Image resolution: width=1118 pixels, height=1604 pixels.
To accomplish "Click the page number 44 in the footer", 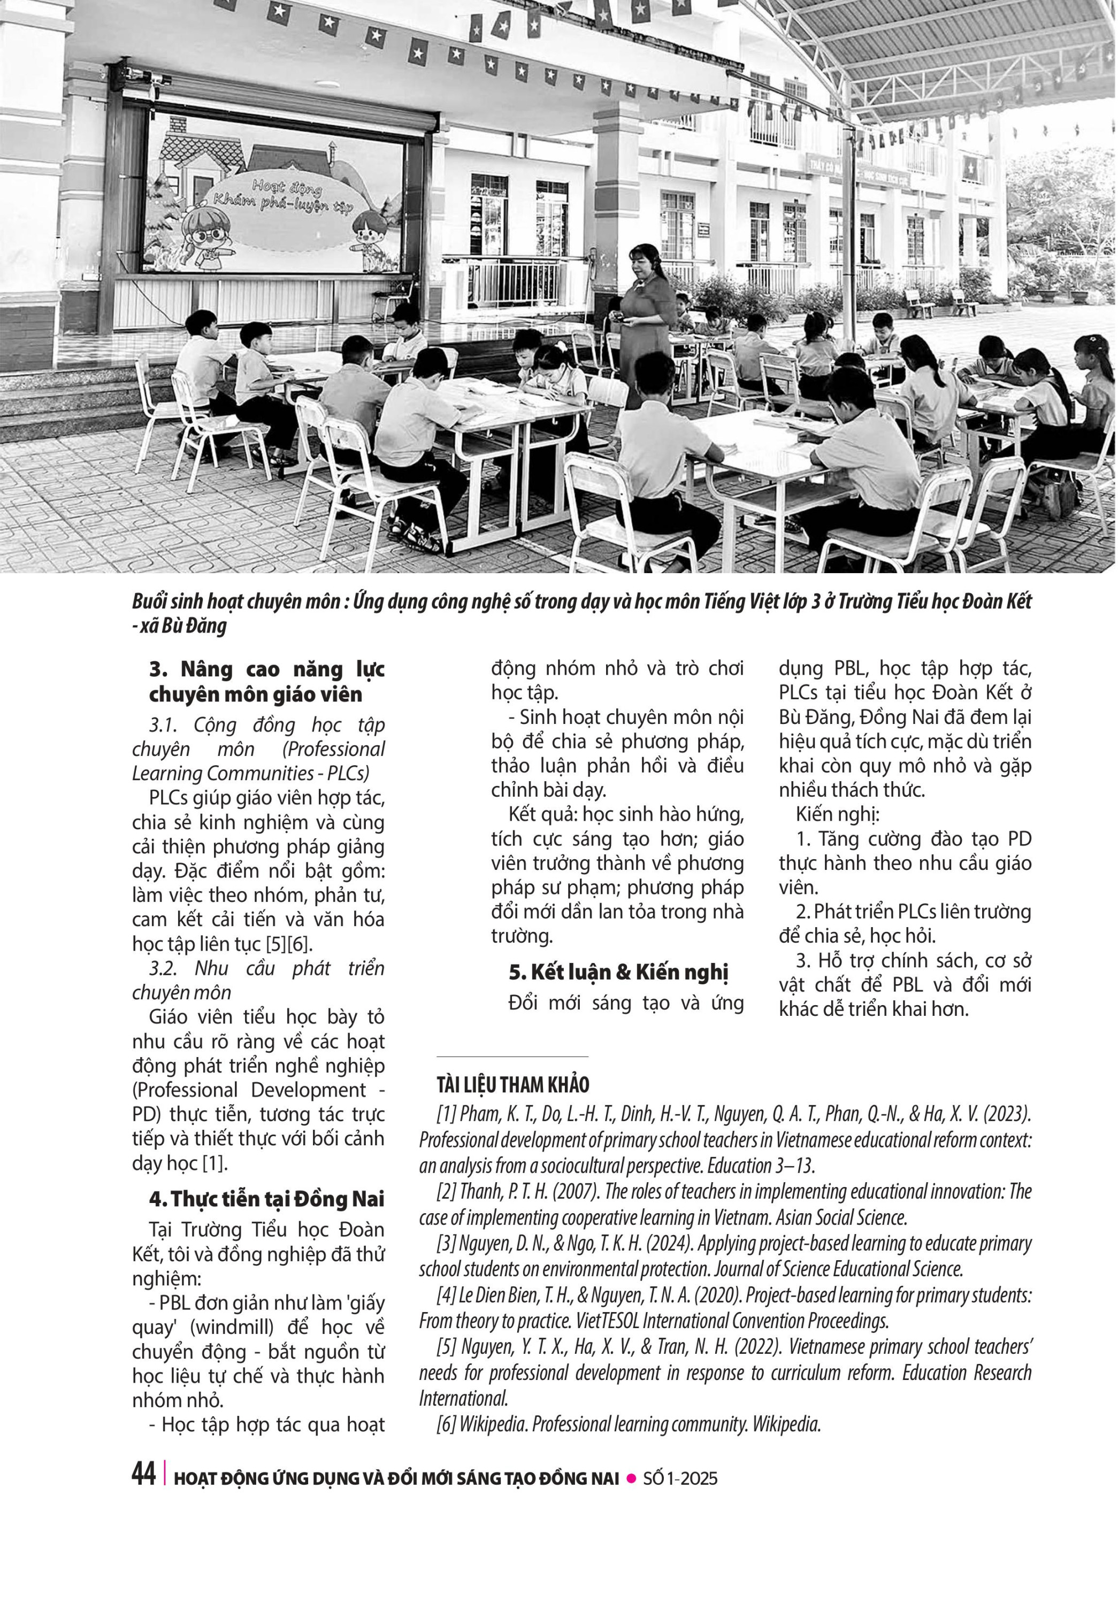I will click(143, 1474).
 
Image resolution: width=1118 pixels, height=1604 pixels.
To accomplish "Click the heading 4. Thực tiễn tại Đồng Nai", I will click(266, 1199).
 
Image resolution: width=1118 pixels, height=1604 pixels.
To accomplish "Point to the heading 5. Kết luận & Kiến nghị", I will click(618, 972).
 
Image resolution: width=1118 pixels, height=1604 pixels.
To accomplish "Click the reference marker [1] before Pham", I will click(446, 1114).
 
